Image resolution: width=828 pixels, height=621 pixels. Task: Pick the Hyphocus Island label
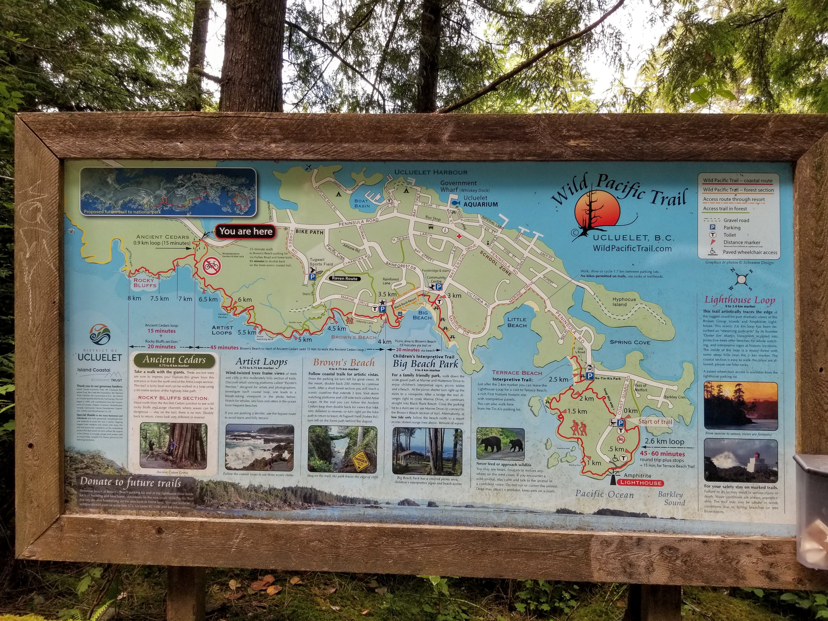pos(624,302)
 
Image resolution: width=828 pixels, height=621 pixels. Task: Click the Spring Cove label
pos(630,342)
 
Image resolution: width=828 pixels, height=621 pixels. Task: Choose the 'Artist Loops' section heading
pos(261,362)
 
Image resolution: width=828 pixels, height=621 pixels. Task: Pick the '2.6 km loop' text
pos(664,442)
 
